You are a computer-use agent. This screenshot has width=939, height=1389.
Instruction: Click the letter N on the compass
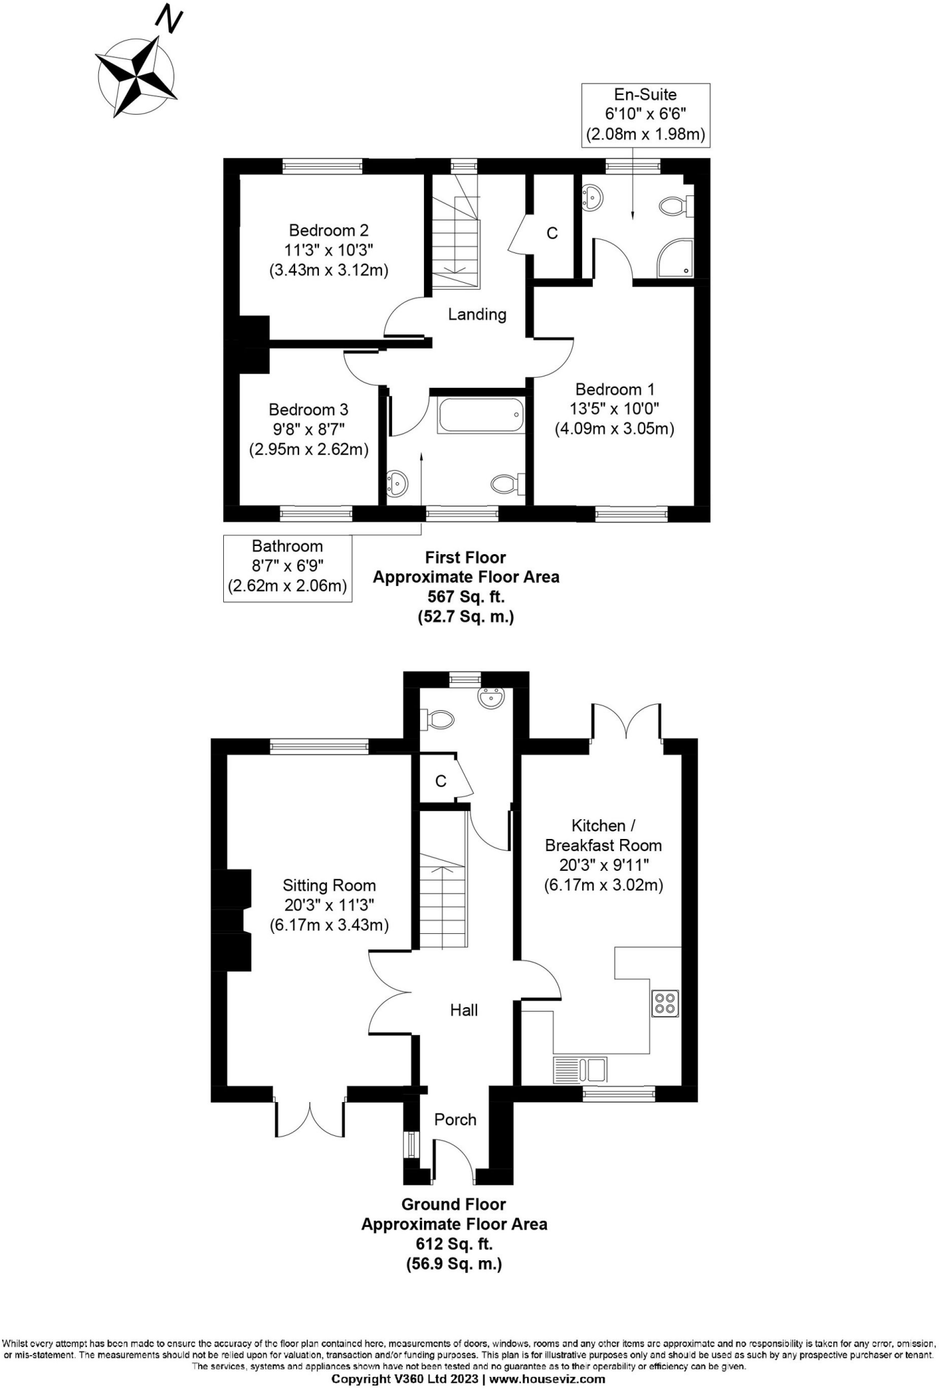pyautogui.click(x=169, y=18)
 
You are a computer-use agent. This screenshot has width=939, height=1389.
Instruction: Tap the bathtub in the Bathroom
pyautogui.click(x=481, y=415)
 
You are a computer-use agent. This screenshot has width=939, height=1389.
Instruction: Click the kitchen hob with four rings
pyautogui.click(x=665, y=1003)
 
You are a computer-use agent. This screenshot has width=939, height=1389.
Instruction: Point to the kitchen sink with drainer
pyautogui.click(x=580, y=1070)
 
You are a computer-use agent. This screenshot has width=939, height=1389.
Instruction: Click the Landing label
pyautogui.click(x=477, y=315)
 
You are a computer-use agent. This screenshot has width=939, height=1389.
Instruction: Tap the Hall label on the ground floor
pyautogui.click(x=464, y=1010)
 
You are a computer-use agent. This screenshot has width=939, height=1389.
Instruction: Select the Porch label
pyautogui.click(x=455, y=1119)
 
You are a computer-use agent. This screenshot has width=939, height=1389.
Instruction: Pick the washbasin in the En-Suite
pyautogui.click(x=592, y=197)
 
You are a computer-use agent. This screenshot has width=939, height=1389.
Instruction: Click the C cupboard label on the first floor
pyautogui.click(x=552, y=233)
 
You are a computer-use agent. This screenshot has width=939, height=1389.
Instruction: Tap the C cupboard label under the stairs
pyautogui.click(x=441, y=781)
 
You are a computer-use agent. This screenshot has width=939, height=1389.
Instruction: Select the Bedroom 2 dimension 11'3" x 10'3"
pyautogui.click(x=328, y=250)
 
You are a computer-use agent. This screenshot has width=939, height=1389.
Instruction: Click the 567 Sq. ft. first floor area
pyautogui.click(x=465, y=597)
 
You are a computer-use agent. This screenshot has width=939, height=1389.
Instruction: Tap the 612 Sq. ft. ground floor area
pyautogui.click(x=454, y=1244)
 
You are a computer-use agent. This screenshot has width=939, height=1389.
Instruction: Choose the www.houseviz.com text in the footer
pyautogui.click(x=547, y=1379)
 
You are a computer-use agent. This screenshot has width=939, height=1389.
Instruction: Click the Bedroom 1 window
pyautogui.click(x=631, y=515)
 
